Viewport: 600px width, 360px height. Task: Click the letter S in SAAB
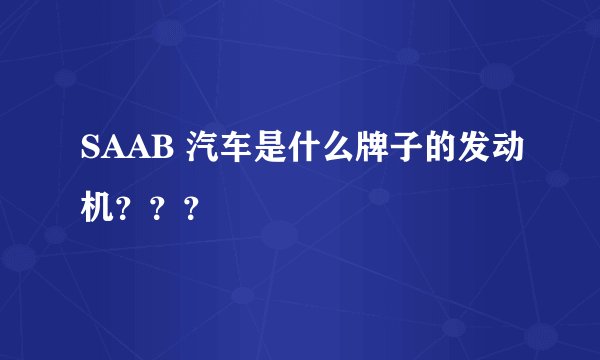[87, 151]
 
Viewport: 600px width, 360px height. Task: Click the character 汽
[197, 150]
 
